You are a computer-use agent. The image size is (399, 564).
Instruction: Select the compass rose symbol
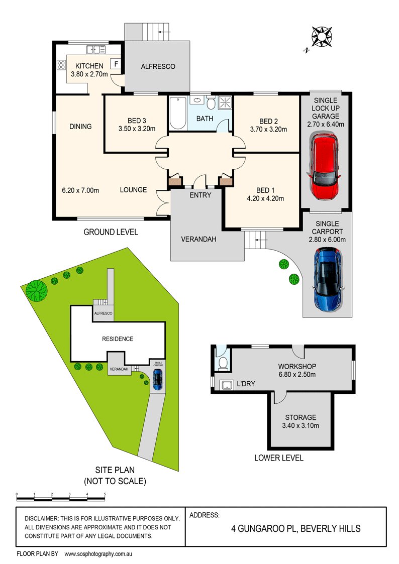pos(322,37)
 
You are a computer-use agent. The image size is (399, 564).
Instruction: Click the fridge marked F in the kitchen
pos(116,64)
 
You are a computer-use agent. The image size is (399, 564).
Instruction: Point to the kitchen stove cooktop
pos(61,64)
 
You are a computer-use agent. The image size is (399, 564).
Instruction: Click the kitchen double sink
pos(95,49)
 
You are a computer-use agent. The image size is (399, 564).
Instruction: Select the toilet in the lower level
pos(223,363)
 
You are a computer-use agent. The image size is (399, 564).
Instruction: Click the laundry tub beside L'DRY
pos(227,384)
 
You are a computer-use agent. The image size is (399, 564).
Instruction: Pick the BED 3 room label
pos(136,121)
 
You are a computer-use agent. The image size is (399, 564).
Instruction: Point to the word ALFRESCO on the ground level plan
pos(158,66)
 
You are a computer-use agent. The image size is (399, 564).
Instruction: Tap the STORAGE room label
pos(301,417)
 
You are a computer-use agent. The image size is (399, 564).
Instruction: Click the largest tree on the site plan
pos(37,290)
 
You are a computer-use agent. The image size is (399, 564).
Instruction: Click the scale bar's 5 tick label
pos(105,494)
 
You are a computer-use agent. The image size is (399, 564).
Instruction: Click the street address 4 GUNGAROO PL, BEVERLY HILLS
pos(295,529)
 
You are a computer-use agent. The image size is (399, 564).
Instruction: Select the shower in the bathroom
pos(225,103)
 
